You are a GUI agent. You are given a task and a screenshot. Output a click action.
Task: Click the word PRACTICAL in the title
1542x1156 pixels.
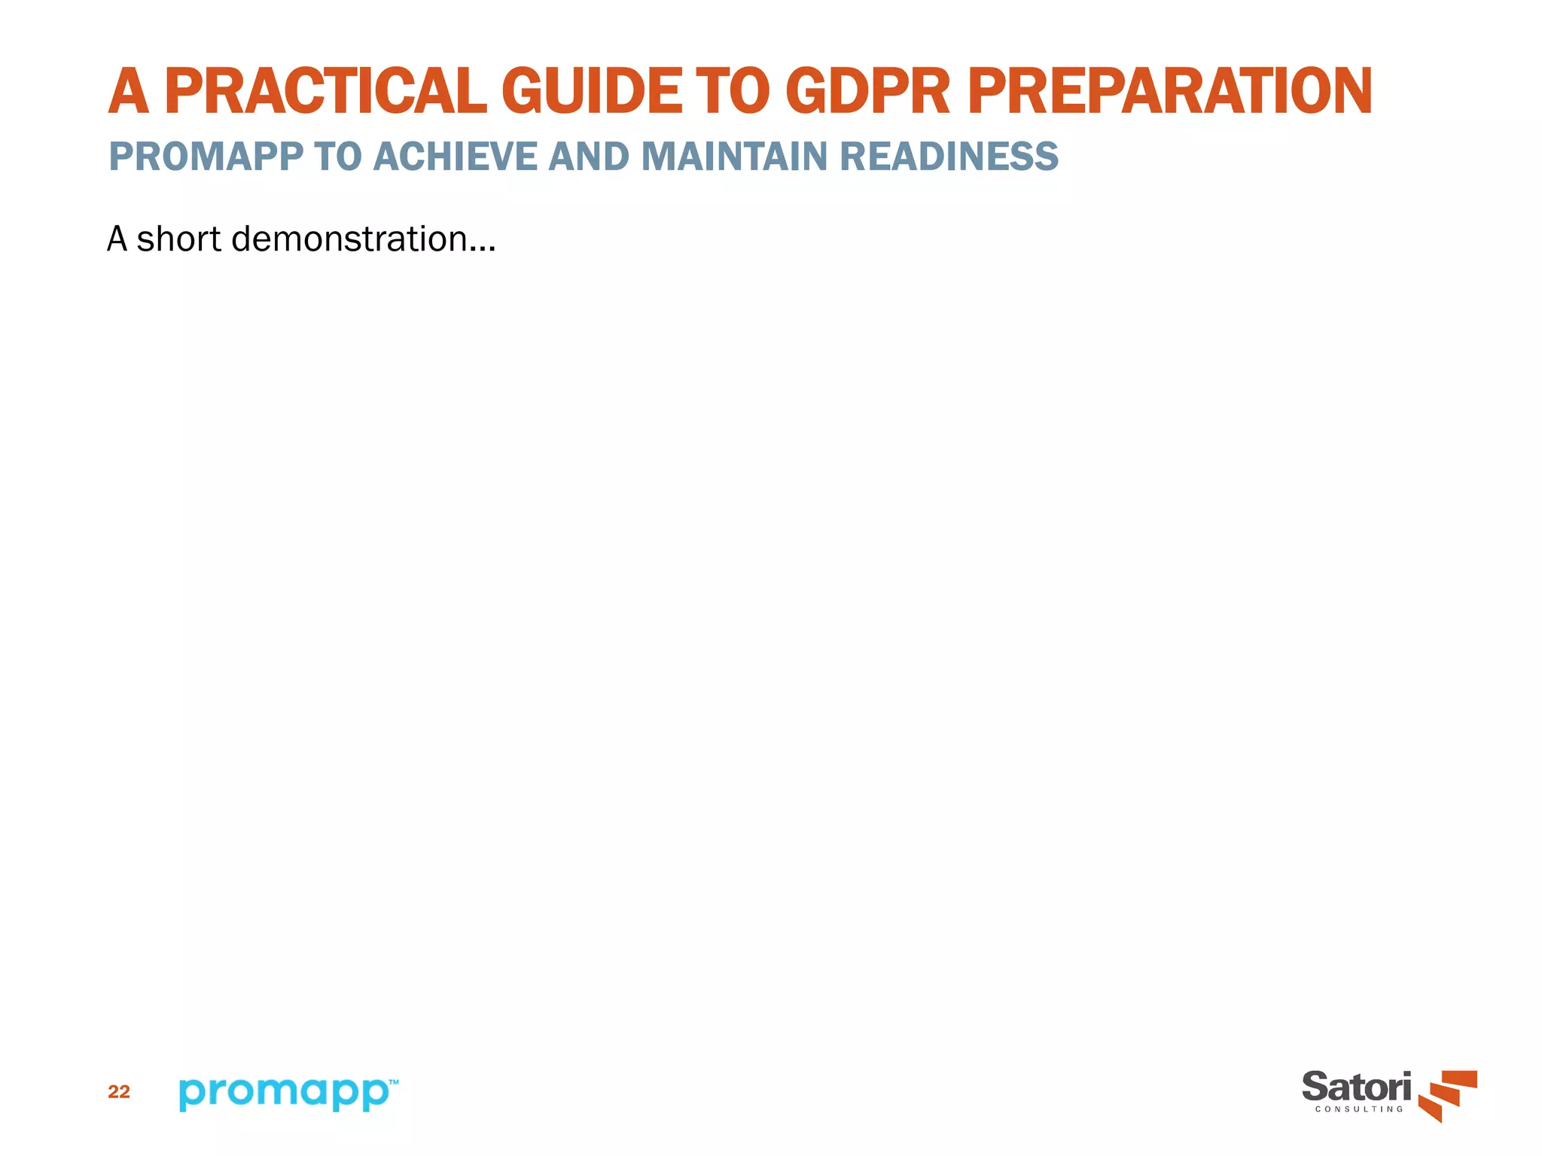325,92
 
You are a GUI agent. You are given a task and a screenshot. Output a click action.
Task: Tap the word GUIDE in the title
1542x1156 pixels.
592,92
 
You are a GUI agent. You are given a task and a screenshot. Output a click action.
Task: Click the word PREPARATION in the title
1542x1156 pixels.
1170,92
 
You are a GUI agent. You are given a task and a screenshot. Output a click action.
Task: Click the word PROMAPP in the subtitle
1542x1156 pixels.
206,157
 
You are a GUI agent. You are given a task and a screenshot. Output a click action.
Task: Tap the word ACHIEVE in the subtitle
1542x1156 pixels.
455,157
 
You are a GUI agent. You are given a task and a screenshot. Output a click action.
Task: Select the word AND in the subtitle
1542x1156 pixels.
589,157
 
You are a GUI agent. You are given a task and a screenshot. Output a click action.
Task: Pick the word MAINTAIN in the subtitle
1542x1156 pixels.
734,157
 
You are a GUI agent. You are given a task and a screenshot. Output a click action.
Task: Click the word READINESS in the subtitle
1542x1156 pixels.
949,157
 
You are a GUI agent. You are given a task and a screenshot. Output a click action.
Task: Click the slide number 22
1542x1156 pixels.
119,1092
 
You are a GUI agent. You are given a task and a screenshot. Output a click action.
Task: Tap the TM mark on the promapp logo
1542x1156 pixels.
393,1081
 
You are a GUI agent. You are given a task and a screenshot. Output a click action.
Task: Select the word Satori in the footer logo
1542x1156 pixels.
1357,1088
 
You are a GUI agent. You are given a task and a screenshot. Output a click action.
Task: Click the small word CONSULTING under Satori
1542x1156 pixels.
1359,1109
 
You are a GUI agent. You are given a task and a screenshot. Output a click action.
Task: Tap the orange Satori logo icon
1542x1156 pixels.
1448,1095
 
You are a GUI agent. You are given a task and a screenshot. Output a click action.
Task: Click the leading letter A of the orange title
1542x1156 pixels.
129,92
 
